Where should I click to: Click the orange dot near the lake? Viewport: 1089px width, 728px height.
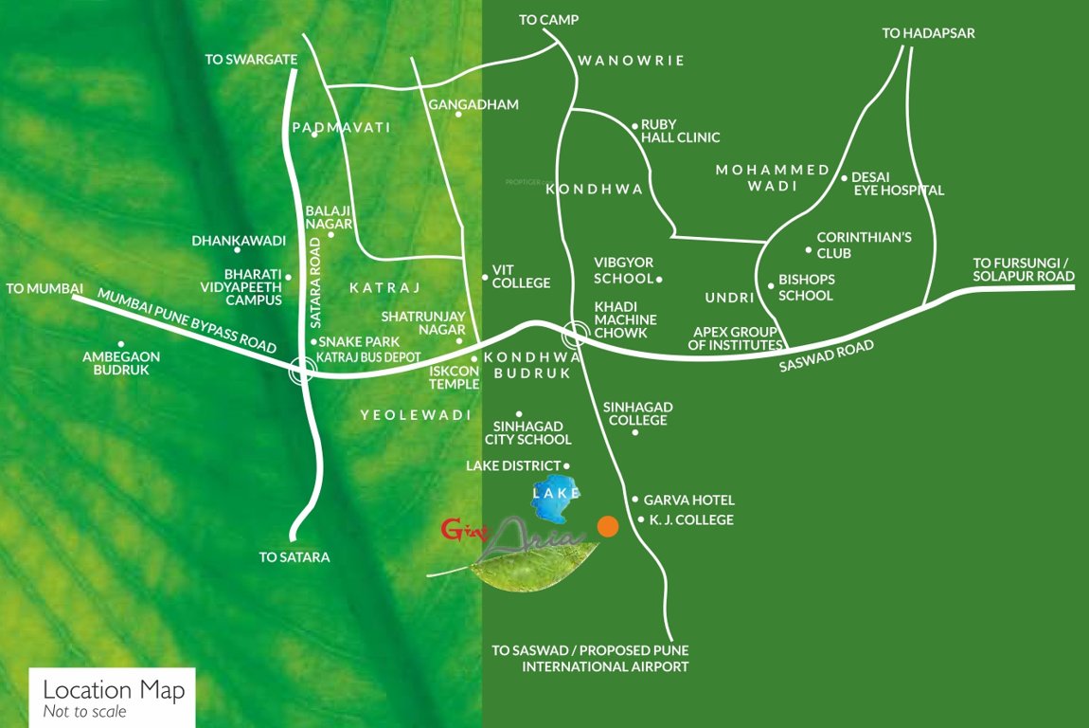608,526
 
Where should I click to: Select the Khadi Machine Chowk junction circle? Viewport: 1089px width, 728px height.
575,334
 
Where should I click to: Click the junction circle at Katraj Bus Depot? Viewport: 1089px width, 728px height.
301,371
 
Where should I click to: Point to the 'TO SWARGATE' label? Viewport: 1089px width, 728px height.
251,60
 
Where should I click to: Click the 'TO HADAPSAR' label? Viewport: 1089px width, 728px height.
928,33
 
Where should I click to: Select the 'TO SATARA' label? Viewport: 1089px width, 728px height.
295,557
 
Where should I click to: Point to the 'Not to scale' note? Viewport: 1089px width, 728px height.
84,711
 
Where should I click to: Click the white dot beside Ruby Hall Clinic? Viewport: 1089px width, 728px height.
634,125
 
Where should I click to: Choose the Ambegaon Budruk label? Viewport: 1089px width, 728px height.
121,363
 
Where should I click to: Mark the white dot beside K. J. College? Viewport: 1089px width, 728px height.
641,519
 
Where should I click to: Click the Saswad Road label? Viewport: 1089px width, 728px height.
826,357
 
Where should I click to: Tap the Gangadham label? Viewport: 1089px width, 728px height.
473,104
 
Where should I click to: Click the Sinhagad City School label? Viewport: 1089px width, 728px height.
528,433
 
